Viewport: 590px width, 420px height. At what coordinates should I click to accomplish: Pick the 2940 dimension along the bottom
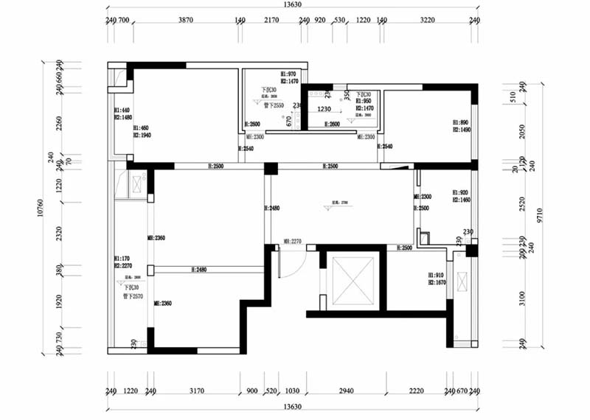(345, 392)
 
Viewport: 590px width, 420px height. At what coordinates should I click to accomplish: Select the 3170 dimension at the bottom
(196, 392)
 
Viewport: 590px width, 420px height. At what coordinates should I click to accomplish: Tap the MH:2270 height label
(293, 241)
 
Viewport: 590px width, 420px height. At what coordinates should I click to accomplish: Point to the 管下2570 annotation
(133, 295)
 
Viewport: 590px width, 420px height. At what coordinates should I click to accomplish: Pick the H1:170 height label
(122, 259)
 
